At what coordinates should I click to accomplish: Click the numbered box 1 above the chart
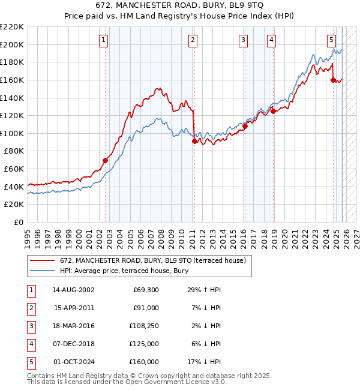pyautogui.click(x=104, y=40)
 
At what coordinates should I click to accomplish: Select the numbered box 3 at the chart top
pyautogui.click(x=243, y=40)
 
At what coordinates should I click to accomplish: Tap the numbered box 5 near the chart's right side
pyautogui.click(x=331, y=40)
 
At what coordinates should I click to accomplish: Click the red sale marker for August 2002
pyautogui.click(x=105, y=160)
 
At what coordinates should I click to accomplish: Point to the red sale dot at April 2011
pyautogui.click(x=194, y=141)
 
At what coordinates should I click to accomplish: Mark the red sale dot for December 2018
pyautogui.click(x=273, y=111)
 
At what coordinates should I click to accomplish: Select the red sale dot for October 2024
pyautogui.click(x=333, y=80)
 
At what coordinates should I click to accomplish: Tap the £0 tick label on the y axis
pyautogui.click(x=18, y=222)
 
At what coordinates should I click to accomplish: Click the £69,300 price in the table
pyautogui.click(x=144, y=289)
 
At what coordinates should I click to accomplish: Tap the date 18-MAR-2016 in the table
pyautogui.click(x=74, y=326)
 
